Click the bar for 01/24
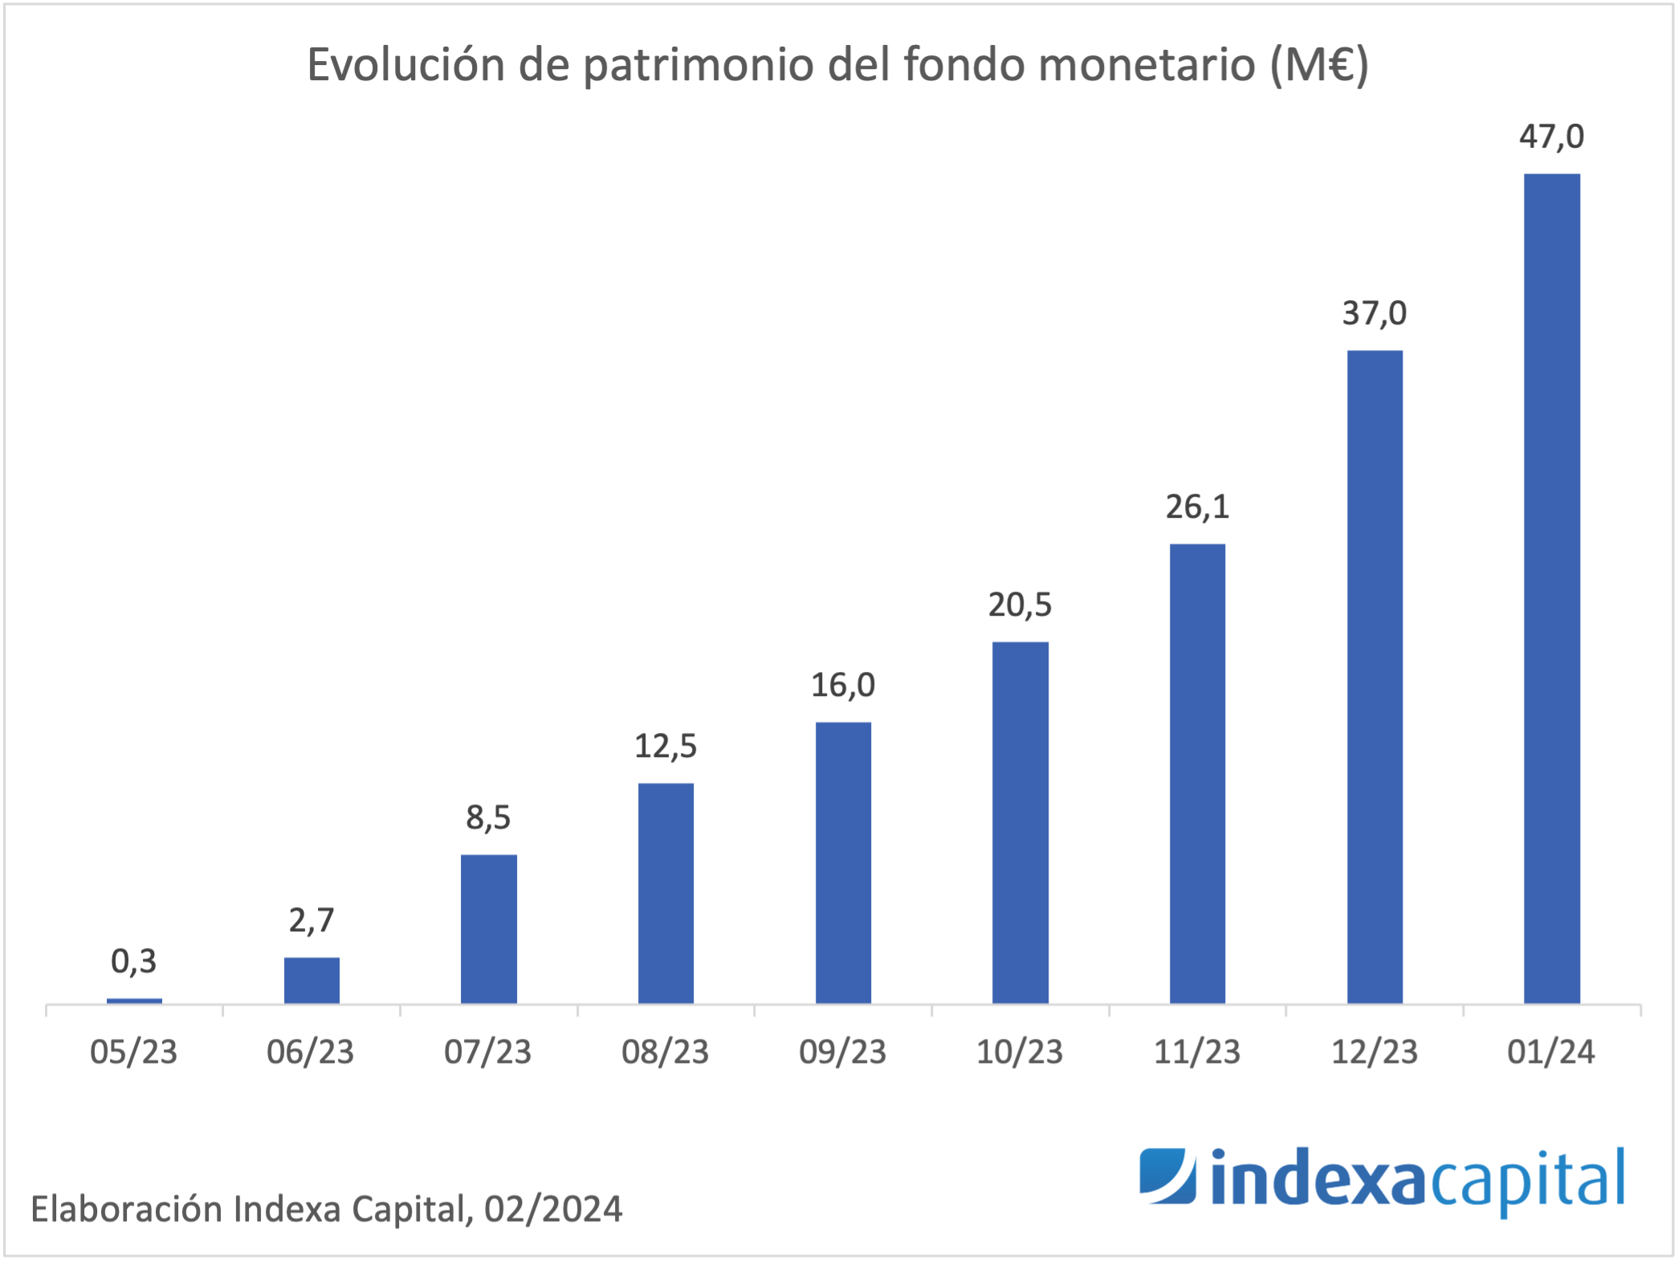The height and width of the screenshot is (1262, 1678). (1551, 588)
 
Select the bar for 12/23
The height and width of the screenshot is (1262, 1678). (1375, 676)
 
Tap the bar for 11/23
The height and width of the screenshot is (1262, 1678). (1197, 773)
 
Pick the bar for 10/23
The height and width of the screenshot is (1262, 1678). (1020, 822)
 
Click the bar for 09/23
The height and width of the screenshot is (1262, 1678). (843, 862)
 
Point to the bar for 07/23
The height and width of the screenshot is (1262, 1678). (488, 929)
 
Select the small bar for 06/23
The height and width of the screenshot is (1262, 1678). (312, 979)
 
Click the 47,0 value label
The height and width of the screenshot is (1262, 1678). (1551, 136)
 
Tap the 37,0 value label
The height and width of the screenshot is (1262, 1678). (1375, 313)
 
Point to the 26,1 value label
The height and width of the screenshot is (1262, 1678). (1197, 507)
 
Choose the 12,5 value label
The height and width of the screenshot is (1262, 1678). (666, 746)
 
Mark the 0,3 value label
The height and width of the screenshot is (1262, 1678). (133, 961)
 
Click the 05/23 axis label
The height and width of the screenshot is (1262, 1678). (133, 1052)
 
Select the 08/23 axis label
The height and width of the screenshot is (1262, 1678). (666, 1052)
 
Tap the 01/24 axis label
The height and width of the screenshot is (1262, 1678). (1551, 1052)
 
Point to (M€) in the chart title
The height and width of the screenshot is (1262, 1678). (1318, 65)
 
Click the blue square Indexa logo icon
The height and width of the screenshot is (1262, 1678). (1167, 1176)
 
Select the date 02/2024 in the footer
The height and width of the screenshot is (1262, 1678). (553, 1209)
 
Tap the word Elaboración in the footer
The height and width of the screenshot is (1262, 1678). (126, 1209)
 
